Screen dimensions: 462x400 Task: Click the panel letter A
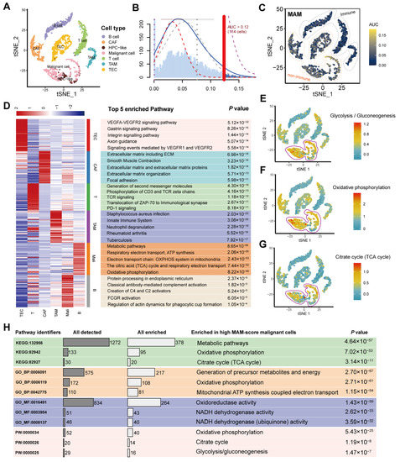(x=7, y=6)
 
